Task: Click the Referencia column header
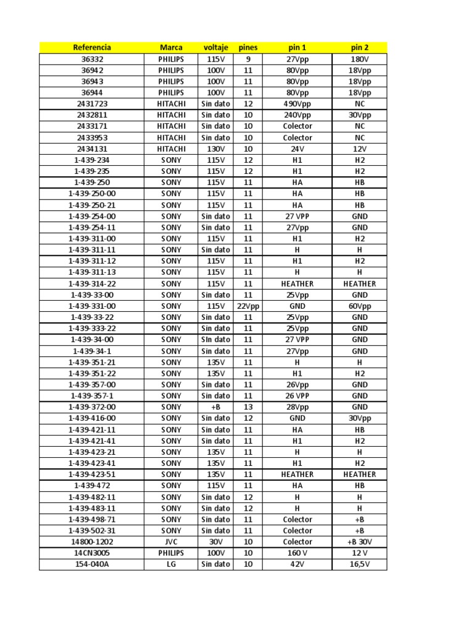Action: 92,47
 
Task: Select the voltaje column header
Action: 215,47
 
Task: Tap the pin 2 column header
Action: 359,47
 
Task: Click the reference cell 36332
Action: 92,59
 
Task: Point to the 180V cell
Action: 359,59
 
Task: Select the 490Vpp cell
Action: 297,104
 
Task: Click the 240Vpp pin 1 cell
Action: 297,115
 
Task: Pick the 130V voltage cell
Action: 215,149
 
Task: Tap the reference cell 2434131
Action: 92,149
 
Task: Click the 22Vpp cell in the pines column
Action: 247,306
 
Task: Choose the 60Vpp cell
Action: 359,306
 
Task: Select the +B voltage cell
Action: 215,407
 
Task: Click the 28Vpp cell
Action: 297,407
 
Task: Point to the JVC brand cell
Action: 171,542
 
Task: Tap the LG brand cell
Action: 171,564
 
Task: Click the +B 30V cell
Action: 359,542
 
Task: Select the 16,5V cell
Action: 359,564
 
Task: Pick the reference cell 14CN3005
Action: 92,553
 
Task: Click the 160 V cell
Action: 297,553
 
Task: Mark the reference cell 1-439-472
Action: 92,486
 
